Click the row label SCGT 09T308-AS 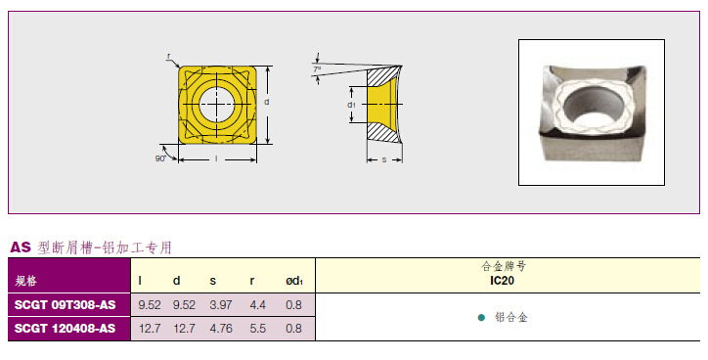(x=65, y=305)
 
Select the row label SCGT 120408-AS (x=65, y=329)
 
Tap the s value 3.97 (x=221, y=305)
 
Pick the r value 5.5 (x=258, y=329)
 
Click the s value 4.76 (x=221, y=329)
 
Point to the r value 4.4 (x=258, y=305)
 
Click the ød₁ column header (x=294, y=281)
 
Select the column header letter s (x=212, y=282)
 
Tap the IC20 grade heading (x=502, y=281)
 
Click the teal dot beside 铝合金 (x=481, y=318)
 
